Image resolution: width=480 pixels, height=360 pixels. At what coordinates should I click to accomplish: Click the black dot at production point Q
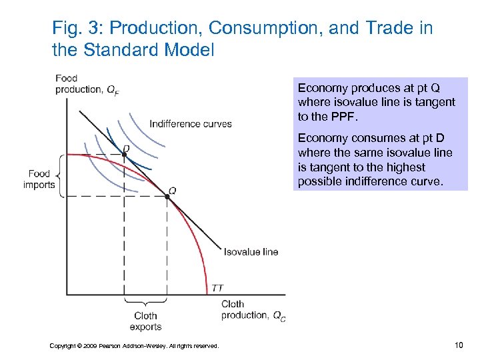(167, 196)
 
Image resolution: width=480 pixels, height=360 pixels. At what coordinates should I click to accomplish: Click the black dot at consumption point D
(125, 155)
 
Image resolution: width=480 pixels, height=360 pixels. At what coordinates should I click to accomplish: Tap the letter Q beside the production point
(172, 190)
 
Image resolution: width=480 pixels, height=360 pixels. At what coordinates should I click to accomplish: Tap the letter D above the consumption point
(126, 148)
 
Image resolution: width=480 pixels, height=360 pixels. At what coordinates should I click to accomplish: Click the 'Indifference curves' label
(191, 123)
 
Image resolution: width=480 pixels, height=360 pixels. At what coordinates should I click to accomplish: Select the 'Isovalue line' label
(251, 251)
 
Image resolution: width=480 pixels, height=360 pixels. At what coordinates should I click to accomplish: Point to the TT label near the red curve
(217, 287)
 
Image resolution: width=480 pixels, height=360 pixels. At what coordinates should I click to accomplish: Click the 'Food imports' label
(39, 179)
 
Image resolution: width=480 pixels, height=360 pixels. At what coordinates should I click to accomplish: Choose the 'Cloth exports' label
(145, 321)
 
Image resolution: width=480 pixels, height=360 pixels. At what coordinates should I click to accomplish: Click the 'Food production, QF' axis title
(87, 84)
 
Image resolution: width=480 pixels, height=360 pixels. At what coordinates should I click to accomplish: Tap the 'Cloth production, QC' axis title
(253, 310)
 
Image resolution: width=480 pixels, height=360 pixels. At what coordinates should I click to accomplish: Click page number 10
(458, 344)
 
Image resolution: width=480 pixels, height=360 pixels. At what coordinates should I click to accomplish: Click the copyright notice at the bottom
(134, 345)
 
